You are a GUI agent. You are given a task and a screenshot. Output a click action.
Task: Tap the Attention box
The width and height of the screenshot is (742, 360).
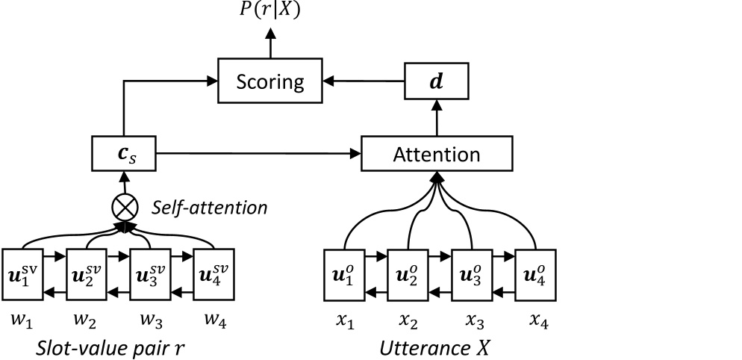[x=437, y=155]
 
